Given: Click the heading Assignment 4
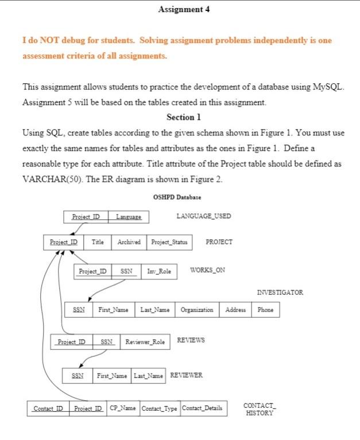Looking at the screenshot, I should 180,10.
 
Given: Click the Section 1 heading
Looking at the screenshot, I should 184,117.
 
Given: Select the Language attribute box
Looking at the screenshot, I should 129,217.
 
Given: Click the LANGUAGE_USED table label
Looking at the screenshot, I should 204,216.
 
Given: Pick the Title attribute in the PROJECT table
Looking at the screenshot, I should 98,242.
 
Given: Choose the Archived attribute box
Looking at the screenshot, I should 129,242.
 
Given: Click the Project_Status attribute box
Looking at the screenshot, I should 169,242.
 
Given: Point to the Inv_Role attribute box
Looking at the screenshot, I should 159,270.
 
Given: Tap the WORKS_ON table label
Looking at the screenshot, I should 207,270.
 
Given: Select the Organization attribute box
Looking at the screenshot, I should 197,310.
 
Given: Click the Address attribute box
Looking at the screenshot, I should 235,310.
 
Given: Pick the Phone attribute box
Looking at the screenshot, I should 265,310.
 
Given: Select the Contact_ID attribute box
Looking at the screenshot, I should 48,408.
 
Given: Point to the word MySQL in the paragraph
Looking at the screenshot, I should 327,87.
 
